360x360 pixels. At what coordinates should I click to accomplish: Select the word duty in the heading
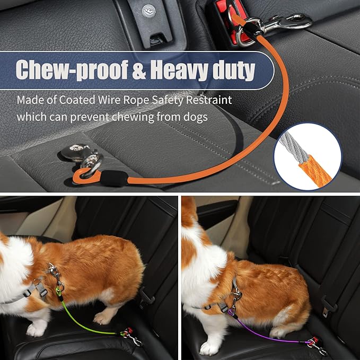(232, 69)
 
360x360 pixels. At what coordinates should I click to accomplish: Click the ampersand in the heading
(137, 70)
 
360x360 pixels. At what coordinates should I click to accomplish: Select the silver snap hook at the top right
(281, 22)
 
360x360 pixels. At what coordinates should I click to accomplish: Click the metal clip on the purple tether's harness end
(234, 295)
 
